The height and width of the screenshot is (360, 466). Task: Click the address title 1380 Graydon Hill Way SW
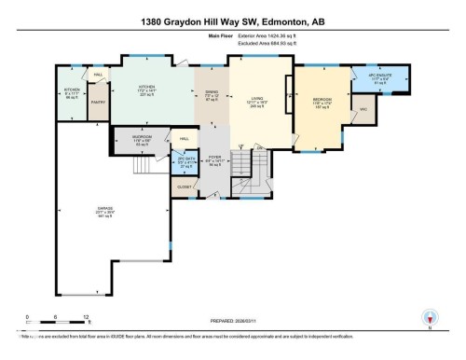[232, 21]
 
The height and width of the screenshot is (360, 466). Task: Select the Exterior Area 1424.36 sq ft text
[258, 44]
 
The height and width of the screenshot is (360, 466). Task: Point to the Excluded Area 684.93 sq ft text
[258, 51]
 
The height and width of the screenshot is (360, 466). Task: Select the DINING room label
[212, 92]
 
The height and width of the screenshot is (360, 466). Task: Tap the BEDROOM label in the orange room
[323, 98]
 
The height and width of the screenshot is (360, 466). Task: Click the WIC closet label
[363, 109]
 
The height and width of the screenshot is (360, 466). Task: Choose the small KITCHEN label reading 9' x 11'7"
[71, 91]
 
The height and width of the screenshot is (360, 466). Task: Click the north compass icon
[429, 315]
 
